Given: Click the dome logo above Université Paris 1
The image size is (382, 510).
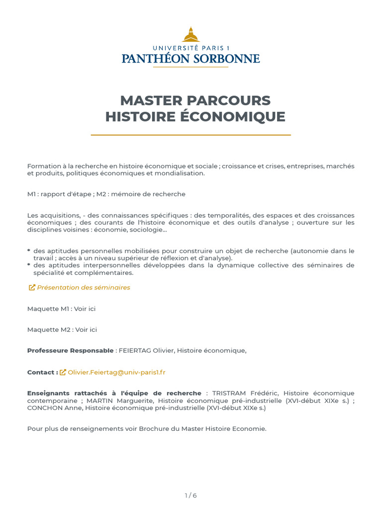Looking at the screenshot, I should coord(191,35).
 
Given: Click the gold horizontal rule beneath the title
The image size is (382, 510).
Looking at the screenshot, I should coord(191,135).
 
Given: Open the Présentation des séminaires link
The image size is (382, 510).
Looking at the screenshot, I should coord(84,287).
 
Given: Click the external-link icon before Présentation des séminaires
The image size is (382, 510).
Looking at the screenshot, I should coord(32,287).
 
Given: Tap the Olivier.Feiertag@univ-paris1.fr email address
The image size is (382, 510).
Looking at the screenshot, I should coord(116,372).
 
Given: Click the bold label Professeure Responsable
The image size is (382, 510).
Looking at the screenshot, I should coord(70,351).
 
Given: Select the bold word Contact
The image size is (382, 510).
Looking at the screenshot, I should coord(41,372).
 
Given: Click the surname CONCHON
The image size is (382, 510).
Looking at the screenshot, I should coord(45,408).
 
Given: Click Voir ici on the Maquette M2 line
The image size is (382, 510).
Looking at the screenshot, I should coord(86,330).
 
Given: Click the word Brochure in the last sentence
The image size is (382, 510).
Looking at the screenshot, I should coord(153,429).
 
